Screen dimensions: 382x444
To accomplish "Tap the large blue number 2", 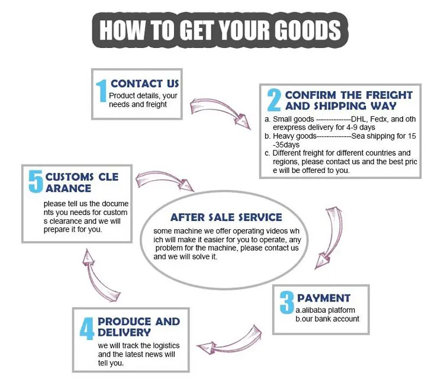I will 273,101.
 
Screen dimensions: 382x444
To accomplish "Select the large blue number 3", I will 287,302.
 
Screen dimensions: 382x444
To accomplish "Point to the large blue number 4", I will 88,329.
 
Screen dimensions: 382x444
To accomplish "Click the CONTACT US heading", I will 144,84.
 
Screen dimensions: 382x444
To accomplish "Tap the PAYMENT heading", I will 324,298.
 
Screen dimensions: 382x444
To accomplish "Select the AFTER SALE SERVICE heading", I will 226,217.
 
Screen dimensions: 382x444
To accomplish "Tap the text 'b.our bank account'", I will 327,319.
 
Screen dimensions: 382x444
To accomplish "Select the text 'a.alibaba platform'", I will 325,310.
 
